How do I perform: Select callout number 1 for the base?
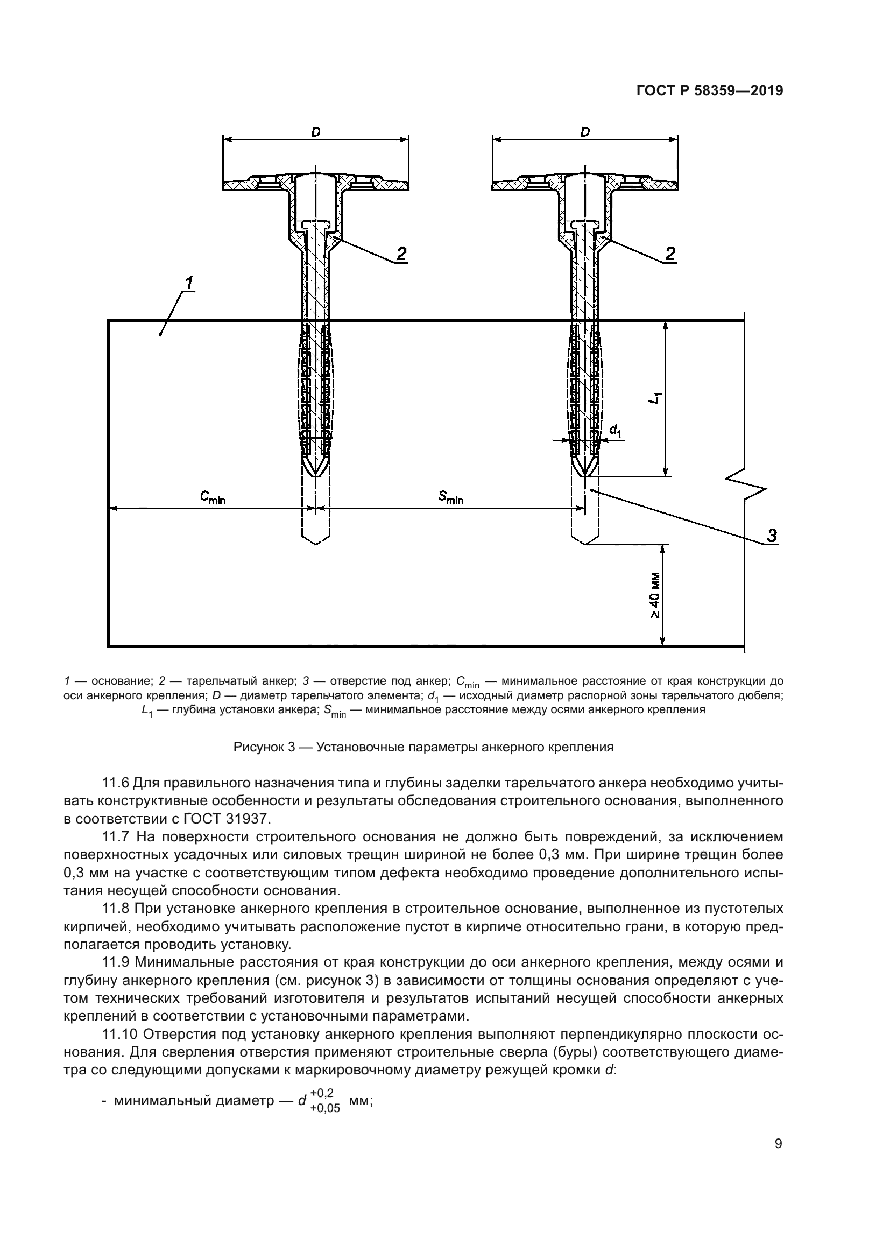coord(188,284)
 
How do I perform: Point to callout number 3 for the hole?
coord(772,535)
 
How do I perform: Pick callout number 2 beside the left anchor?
coord(401,254)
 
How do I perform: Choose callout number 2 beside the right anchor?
coord(670,254)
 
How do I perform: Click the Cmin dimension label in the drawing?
coord(213,497)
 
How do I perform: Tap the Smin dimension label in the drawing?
coord(450,497)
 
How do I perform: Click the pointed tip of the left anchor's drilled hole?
coord(316,544)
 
